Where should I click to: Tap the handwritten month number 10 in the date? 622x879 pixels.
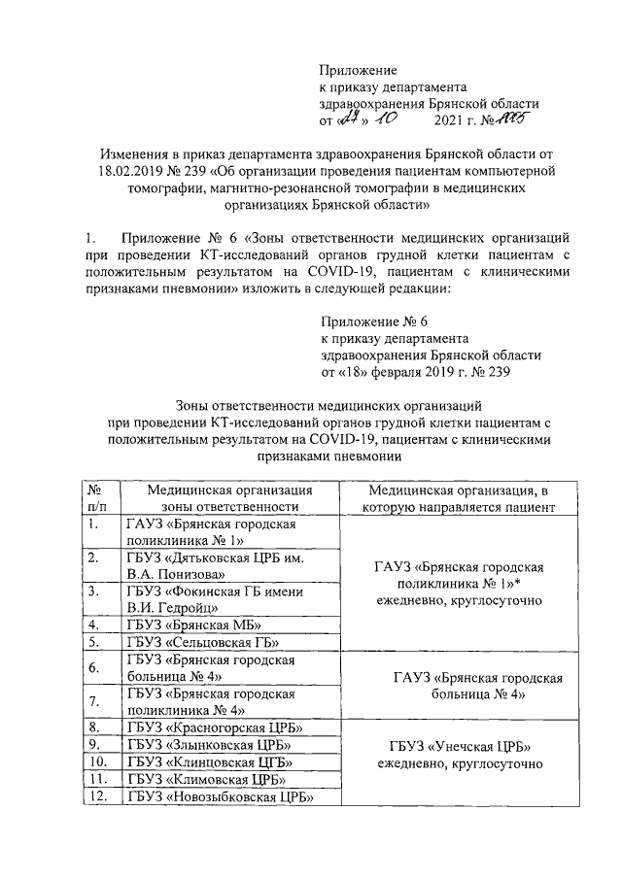point(387,121)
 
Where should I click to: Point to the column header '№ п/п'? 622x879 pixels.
point(96,499)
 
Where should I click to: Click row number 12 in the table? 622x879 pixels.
point(96,797)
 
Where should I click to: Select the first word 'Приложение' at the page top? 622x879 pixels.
point(360,71)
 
